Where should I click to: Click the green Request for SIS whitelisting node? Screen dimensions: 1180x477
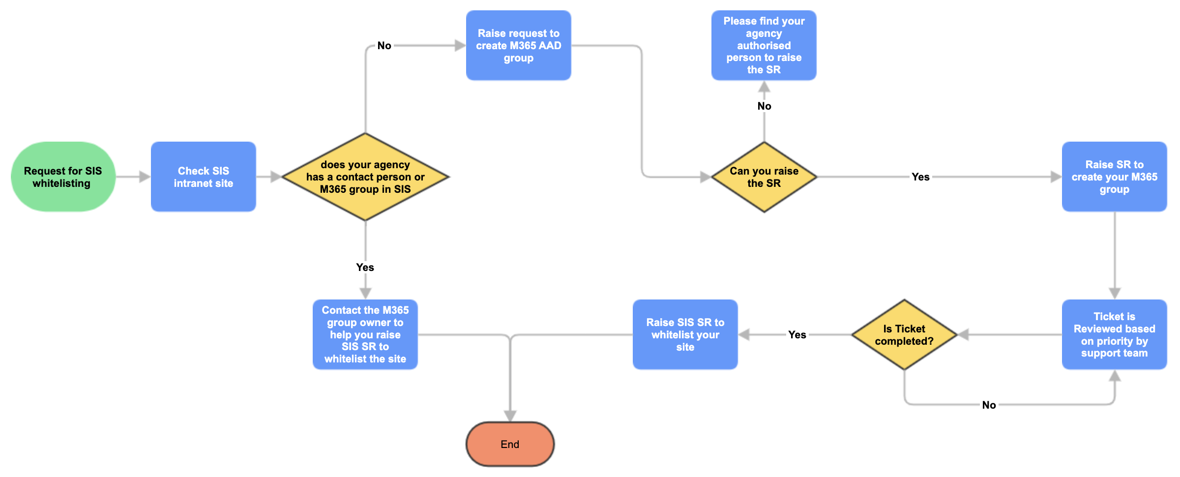[63, 177]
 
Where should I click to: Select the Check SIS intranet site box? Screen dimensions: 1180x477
[204, 177]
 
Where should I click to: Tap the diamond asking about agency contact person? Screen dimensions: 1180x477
[365, 177]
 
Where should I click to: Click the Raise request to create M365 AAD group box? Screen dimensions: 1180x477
[519, 45]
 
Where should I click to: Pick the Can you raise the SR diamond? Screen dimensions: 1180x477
[764, 177]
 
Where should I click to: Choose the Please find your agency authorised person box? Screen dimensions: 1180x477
[764, 45]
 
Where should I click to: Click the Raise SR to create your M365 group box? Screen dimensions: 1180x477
[1115, 177]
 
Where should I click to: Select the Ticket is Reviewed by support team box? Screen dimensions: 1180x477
[1115, 334]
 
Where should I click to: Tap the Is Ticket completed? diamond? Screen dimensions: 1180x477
[904, 334]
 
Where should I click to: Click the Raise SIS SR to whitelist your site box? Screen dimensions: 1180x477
[685, 334]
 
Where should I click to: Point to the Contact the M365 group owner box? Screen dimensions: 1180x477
[365, 334]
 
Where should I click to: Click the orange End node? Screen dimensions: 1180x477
[510, 444]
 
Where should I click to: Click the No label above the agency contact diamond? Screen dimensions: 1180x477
[384, 46]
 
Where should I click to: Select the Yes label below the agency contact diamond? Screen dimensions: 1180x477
[365, 267]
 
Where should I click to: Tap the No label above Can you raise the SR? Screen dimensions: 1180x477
[765, 106]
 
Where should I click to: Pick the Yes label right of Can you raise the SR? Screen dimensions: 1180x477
[921, 177]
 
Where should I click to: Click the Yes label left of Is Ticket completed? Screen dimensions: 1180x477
[797, 335]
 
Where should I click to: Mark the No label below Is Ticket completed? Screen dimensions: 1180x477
[989, 405]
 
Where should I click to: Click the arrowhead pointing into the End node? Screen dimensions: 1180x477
[510, 416]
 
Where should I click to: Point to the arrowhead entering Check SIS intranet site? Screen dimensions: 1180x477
[145, 177]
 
